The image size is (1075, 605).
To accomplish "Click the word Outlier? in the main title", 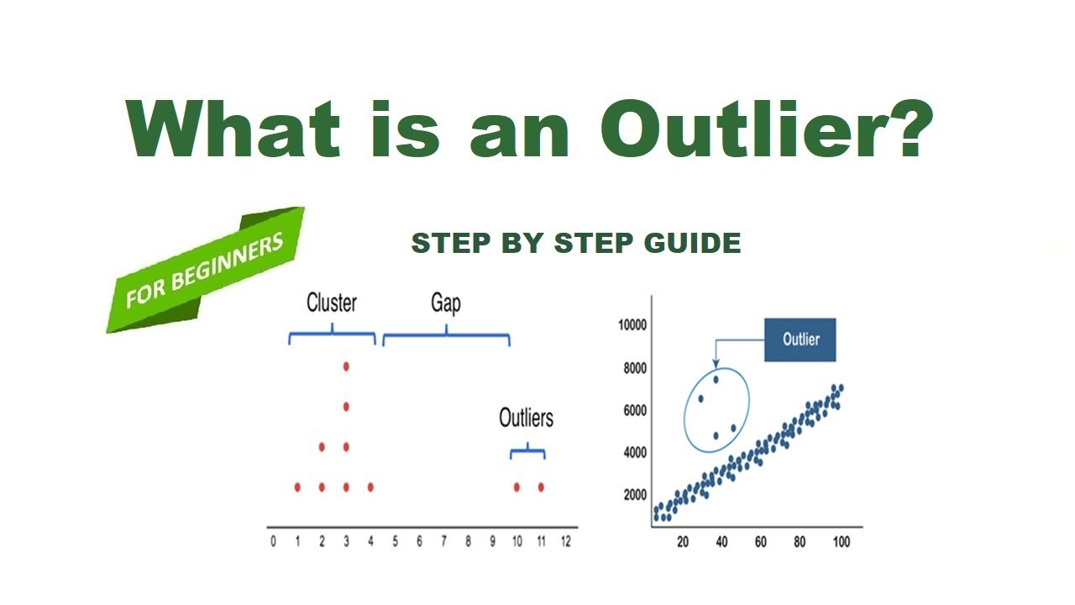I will point(767,130).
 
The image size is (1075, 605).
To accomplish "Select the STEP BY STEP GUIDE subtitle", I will point(575,244).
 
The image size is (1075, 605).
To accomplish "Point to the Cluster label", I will point(331,303).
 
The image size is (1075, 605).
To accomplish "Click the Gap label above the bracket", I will point(446,303).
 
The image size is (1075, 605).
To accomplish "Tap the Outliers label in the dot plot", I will point(526,418).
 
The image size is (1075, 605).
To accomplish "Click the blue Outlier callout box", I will point(800,339).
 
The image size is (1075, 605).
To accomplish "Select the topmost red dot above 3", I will point(346,366).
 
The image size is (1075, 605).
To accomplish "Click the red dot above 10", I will point(517,487).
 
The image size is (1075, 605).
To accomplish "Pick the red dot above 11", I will point(541,487).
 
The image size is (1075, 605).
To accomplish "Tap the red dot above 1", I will point(297,487).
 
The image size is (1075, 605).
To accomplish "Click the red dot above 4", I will point(370,487).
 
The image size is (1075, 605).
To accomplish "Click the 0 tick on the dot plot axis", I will point(273,542).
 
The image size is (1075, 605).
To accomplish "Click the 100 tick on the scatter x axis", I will point(840,543).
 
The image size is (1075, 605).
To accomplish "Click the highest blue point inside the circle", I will point(716,379).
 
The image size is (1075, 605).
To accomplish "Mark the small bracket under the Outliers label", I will point(527,452).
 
